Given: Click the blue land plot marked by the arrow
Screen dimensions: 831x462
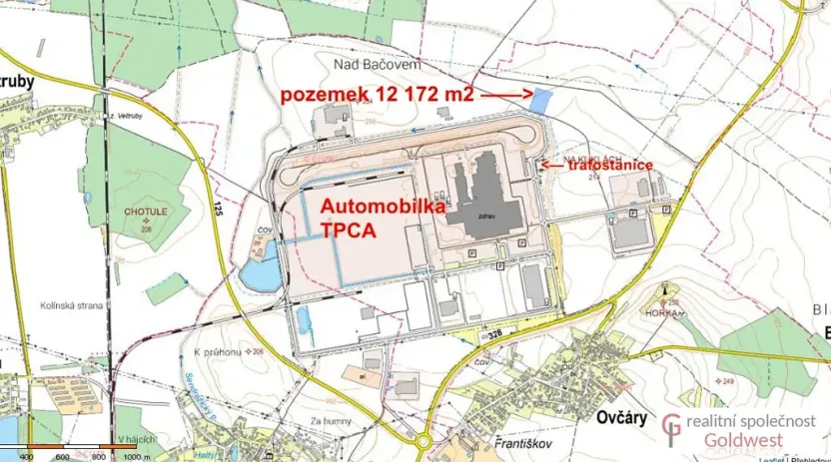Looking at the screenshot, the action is coord(540,101).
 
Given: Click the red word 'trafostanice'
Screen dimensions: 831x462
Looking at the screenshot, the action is coord(611,165).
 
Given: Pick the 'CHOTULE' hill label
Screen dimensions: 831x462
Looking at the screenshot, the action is coord(148,212).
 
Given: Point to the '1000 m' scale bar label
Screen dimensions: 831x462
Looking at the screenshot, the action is coord(134,456).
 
